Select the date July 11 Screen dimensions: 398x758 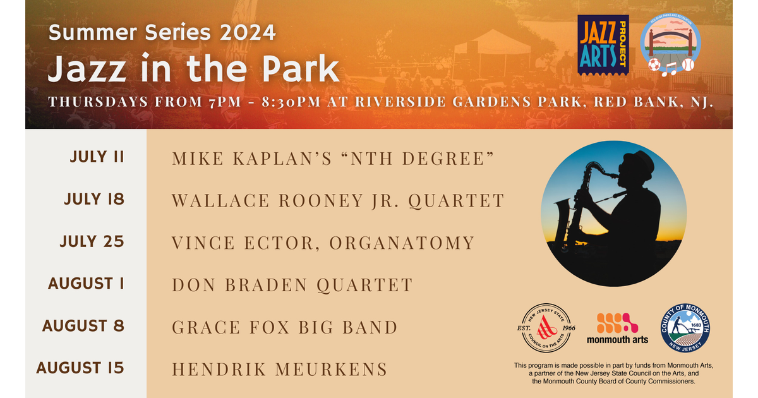pos(97,157)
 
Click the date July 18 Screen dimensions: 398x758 pos(94,200)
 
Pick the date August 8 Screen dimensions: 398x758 pos(83,326)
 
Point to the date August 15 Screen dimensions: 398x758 pos(80,368)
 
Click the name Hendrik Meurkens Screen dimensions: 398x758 pos(279,369)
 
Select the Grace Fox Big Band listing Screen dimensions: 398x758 pos(284,327)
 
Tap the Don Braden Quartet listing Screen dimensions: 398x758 pos(292,285)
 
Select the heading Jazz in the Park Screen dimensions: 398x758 pos(193,69)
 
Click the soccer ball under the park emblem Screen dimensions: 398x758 pos(654,64)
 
